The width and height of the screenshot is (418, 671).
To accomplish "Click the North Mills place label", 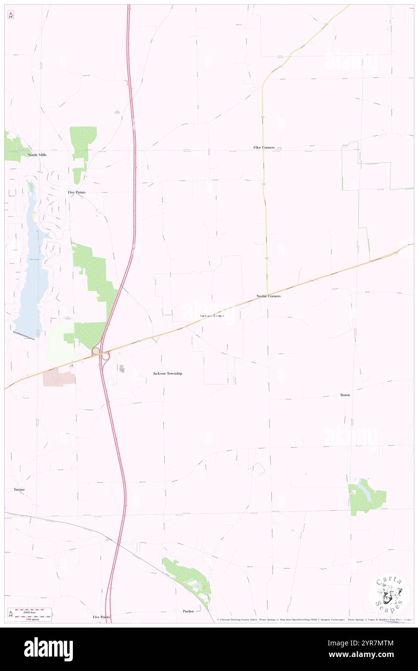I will pyautogui.click(x=37, y=155).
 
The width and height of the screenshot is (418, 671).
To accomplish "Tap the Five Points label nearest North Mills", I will pyautogui.click(x=77, y=192).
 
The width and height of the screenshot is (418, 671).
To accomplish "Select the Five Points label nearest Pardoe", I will pyautogui.click(x=101, y=617).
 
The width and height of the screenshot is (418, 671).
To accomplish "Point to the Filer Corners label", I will pyautogui.click(x=264, y=147).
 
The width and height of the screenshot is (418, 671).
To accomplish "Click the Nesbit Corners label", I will pyautogui.click(x=268, y=296).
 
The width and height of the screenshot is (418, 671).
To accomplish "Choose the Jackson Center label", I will pyautogui.click(x=211, y=316).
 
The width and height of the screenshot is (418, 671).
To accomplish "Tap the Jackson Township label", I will pyautogui.click(x=167, y=374).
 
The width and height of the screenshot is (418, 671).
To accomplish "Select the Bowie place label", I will pyautogui.click(x=345, y=395).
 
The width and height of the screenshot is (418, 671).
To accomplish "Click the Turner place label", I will pyautogui.click(x=19, y=489).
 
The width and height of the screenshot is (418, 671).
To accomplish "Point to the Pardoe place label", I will pyautogui.click(x=188, y=611).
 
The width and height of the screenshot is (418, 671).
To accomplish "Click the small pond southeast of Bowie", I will pyautogui.click(x=363, y=491).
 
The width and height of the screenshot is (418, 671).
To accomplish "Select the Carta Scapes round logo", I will pyautogui.click(x=389, y=594).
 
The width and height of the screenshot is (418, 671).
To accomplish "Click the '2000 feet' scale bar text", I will pyautogui.click(x=32, y=611).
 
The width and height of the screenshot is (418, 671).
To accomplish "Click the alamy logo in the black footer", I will pyautogui.click(x=48, y=649).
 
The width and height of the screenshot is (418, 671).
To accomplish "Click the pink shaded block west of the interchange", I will pyautogui.click(x=59, y=377).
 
